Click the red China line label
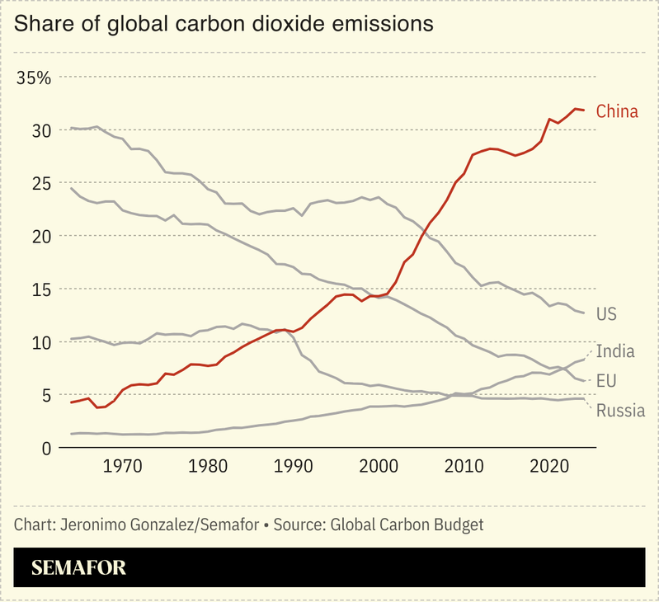(617, 111)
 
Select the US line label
(606, 314)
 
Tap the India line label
(614, 351)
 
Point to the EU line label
(606, 380)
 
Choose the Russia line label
(619, 410)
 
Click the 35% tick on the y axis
(35, 78)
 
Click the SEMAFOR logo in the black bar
(78, 568)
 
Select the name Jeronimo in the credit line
(96, 524)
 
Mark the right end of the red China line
(584, 111)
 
